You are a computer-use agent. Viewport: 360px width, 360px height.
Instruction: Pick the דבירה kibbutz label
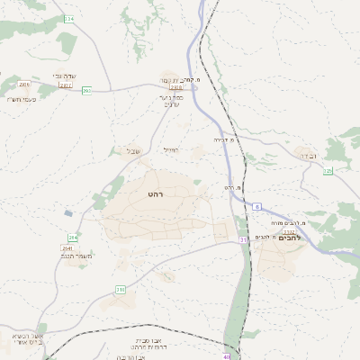click(309, 156)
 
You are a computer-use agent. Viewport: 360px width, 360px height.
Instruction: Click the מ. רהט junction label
click(234, 187)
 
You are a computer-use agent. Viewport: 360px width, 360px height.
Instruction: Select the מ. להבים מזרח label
click(317, 222)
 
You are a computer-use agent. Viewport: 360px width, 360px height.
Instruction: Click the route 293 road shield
click(86, 90)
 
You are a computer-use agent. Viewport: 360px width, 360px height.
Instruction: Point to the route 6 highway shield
click(256, 207)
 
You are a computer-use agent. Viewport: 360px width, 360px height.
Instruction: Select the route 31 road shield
click(243, 240)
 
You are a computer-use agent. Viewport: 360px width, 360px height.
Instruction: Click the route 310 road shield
click(120, 289)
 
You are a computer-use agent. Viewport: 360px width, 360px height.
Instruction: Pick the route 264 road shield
click(73, 238)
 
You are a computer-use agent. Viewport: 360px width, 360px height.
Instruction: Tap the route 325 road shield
click(328, 170)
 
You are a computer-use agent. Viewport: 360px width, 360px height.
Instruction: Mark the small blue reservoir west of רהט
click(68, 213)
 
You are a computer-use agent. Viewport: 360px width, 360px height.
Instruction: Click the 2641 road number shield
click(67, 247)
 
